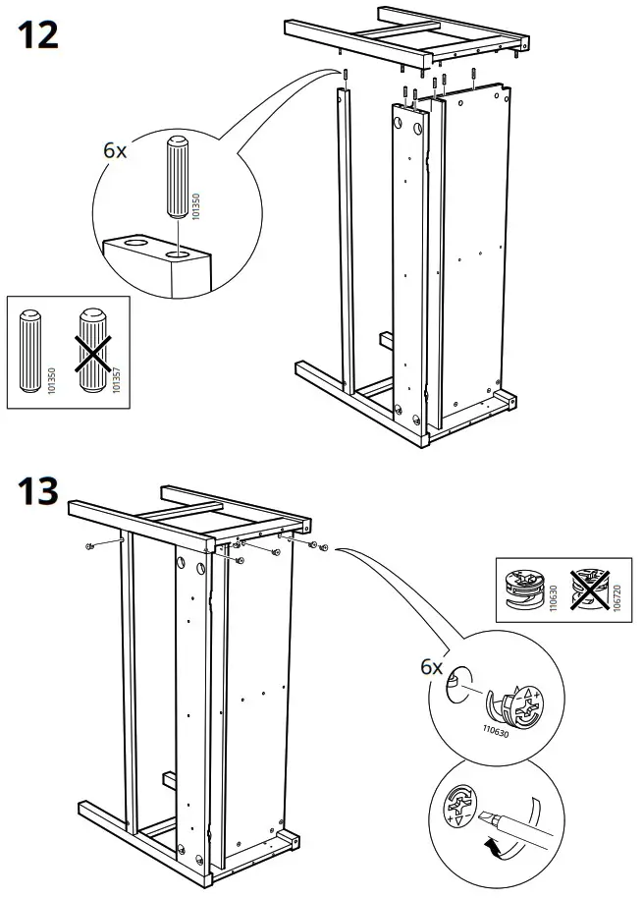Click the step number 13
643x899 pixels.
[x=38, y=490]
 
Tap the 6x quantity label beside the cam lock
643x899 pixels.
[x=432, y=667]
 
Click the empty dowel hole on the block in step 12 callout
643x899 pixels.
[x=130, y=240]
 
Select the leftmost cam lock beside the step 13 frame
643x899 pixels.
[x=88, y=545]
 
